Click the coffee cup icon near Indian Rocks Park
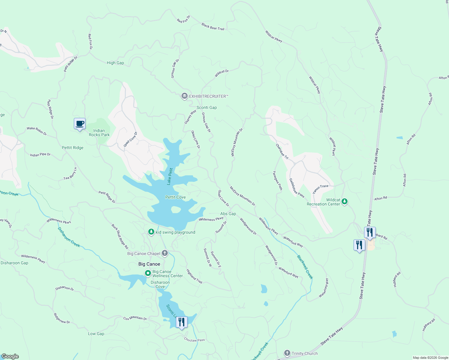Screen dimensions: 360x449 [80, 124]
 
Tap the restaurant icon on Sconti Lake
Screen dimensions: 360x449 [181, 322]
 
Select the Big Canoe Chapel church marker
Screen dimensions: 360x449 [165, 253]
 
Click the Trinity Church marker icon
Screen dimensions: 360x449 [287, 353]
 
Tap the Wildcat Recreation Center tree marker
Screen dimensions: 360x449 [345, 202]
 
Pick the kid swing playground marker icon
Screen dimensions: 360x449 [151, 232]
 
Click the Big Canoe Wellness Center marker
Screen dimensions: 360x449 [148, 273]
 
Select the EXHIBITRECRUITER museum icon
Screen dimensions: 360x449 [184, 96]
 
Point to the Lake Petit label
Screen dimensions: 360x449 [170, 176]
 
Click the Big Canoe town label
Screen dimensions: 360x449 [149, 264]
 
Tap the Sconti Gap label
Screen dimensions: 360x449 [206, 107]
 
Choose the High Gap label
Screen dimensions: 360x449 [115, 63]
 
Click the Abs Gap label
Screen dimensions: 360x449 [228, 214]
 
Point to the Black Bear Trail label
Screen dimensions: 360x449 [213, 27]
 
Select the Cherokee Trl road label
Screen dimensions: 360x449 [282, 151]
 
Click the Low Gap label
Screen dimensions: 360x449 [96, 334]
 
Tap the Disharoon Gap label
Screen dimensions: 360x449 [14, 263]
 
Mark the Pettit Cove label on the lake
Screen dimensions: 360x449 [176, 197]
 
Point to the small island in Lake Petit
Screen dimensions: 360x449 [176, 210]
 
